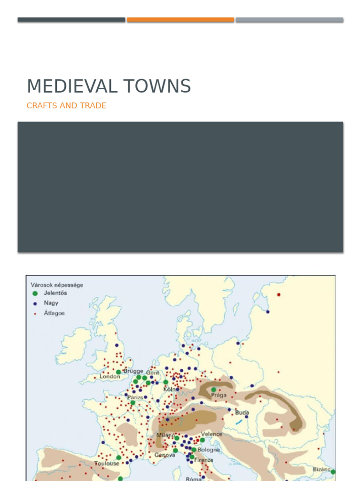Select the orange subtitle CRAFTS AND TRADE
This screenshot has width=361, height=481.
coord(66,106)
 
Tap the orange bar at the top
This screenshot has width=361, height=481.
coord(180,20)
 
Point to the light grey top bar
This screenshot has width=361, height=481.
coord(289,20)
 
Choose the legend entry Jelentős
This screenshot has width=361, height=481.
coord(55,293)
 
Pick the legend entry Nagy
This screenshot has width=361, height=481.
coord(51,303)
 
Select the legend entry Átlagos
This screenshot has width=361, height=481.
coord(54,313)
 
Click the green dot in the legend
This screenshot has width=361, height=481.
coord(35,293)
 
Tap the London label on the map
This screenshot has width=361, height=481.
coord(110,377)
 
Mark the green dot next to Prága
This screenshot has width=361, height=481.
coord(214,389)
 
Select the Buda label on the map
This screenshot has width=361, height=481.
coord(242,412)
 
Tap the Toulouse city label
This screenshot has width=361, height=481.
coord(106,463)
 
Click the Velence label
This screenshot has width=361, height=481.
coord(212,434)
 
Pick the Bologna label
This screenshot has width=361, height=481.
coord(208,450)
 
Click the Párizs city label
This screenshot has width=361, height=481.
coord(135,397)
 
